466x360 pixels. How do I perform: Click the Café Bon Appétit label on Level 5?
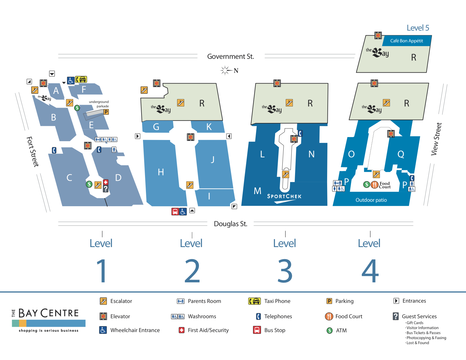[x=406, y=41]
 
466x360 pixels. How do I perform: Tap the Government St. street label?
[x=230, y=56]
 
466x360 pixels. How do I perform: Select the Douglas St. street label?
[x=230, y=224]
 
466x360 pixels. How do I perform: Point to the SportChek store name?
[x=284, y=196]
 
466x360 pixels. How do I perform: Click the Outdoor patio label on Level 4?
[x=371, y=200]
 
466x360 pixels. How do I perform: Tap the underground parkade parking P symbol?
[x=106, y=112]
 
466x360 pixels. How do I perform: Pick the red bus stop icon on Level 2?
[x=175, y=211]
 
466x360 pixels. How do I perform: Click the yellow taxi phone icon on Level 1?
[x=81, y=79]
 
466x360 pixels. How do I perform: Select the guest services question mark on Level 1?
[x=106, y=189]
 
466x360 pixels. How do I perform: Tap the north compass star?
[x=225, y=70]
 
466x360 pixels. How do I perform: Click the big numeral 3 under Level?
[x=285, y=271]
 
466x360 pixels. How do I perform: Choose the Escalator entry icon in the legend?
[x=103, y=301]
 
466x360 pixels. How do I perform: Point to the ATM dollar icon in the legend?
[x=329, y=331]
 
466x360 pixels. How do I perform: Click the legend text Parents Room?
[x=204, y=301]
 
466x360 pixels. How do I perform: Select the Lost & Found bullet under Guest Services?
[x=417, y=343]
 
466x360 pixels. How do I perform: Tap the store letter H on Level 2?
[x=161, y=172]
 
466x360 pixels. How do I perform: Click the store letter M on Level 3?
[x=257, y=191]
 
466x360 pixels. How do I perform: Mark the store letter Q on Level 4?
[x=401, y=154]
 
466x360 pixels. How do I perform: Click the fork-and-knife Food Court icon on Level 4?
[x=374, y=185]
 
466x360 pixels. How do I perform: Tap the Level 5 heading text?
[x=418, y=28]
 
